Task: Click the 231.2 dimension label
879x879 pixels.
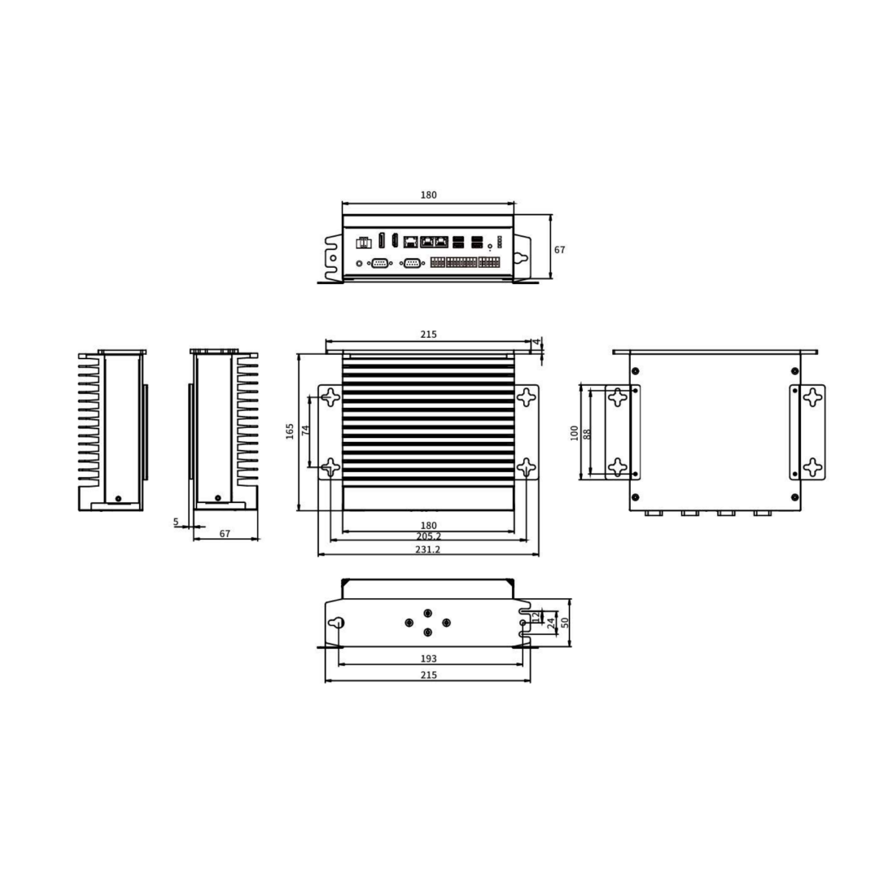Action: pyautogui.click(x=428, y=549)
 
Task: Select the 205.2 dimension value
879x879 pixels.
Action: pyautogui.click(x=428, y=536)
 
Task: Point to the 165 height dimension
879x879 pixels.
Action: pyautogui.click(x=290, y=431)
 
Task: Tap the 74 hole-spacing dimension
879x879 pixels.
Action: pyautogui.click(x=305, y=430)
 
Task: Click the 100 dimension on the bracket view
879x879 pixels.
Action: pyautogui.click(x=574, y=433)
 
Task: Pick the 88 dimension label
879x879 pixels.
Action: pyautogui.click(x=587, y=434)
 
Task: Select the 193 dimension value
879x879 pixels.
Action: pyautogui.click(x=428, y=658)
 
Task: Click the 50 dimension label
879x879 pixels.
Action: pyautogui.click(x=565, y=623)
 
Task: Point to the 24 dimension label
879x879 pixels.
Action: pyautogui.click(x=552, y=623)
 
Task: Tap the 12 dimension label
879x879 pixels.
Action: pyautogui.click(x=536, y=617)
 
